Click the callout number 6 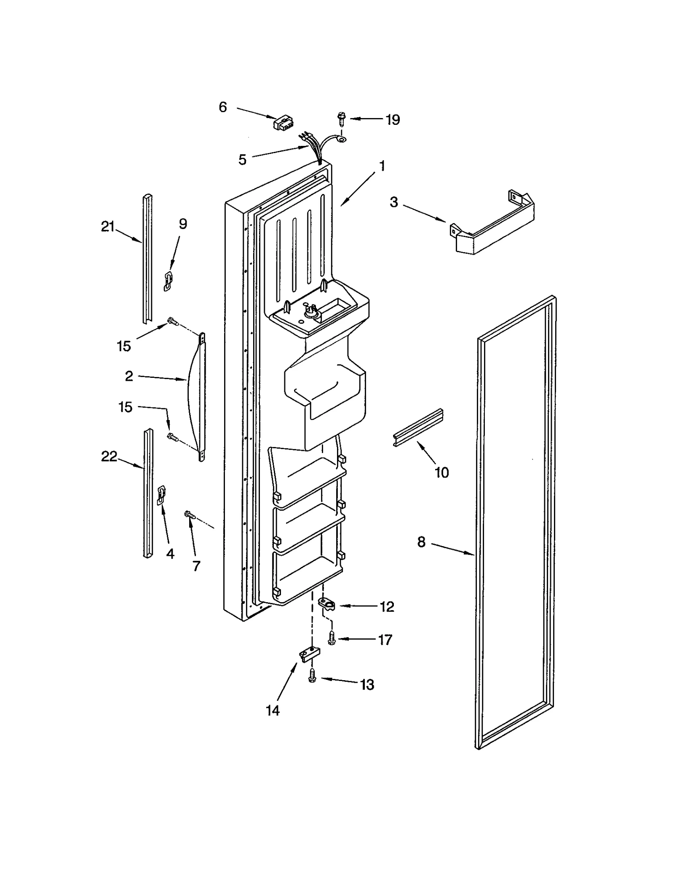223,107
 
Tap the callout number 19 393,120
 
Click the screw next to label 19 341,118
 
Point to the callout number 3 393,202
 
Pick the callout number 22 109,456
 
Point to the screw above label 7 188,514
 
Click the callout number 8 422,542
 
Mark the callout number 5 242,160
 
